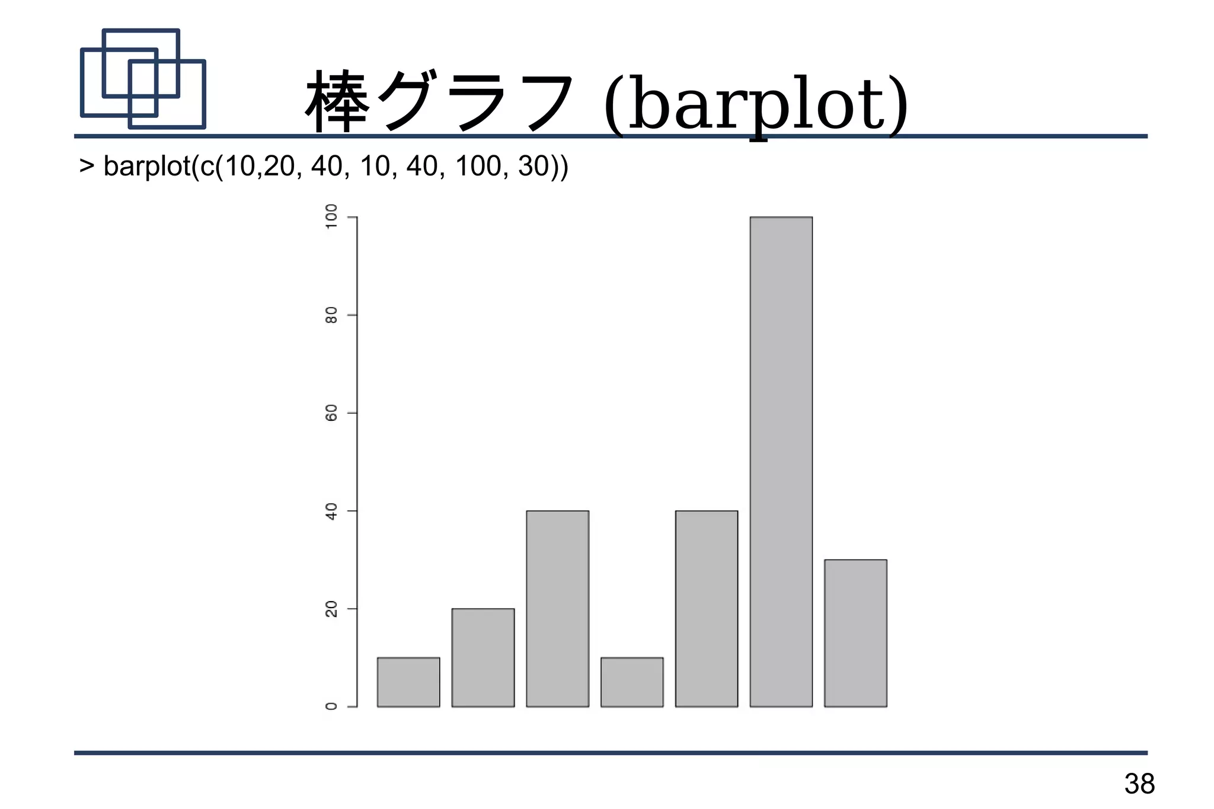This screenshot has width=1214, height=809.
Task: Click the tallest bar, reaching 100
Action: tap(781, 462)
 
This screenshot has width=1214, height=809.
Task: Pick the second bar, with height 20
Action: tap(483, 657)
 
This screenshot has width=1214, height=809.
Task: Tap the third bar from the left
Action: tap(557, 608)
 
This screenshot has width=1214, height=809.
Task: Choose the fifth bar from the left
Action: tap(707, 608)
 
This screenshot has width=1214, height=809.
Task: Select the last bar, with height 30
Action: tap(855, 632)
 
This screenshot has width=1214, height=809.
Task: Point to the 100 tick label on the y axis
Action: tap(331, 218)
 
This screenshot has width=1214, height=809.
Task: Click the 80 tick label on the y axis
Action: tap(331, 315)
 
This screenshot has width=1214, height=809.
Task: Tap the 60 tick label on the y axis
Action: tap(331, 413)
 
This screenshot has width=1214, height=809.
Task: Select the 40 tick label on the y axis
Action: tap(331, 511)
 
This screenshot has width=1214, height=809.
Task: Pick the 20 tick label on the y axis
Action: tap(331, 609)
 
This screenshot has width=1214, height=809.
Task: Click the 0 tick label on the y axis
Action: tap(331, 706)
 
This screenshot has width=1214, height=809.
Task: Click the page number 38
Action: tap(1139, 784)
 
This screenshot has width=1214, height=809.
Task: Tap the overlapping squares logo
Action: tap(143, 79)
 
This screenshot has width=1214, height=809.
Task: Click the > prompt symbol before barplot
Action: tap(87, 166)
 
